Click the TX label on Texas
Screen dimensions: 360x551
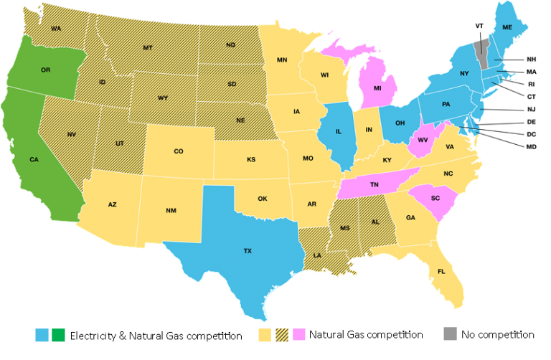(248, 251)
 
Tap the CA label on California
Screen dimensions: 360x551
(34, 159)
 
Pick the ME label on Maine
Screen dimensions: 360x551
(507, 27)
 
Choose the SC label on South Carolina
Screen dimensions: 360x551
(435, 198)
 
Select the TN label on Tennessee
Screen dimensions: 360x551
(374, 184)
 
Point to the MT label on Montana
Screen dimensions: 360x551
(148, 48)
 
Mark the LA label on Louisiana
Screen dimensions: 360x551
(317, 255)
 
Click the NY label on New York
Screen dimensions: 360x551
(464, 73)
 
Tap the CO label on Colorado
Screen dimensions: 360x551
(179, 151)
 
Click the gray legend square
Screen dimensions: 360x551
(450, 333)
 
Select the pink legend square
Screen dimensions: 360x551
(299, 334)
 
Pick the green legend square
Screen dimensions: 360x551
(58, 334)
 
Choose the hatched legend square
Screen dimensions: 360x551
(283, 334)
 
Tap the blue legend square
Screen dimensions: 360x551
(42, 334)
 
